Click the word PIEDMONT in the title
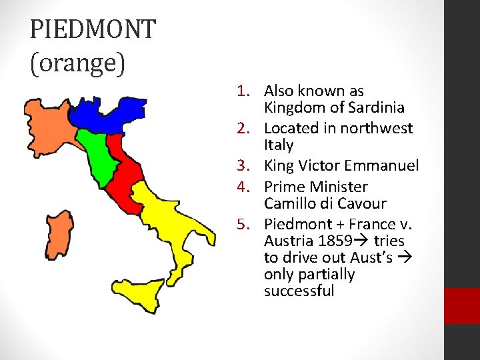(x=93, y=30)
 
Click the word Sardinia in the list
(x=378, y=107)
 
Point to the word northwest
(x=379, y=128)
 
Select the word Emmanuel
(x=387, y=165)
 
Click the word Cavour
(x=362, y=203)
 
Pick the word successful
(x=299, y=291)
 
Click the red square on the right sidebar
(x=462, y=305)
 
